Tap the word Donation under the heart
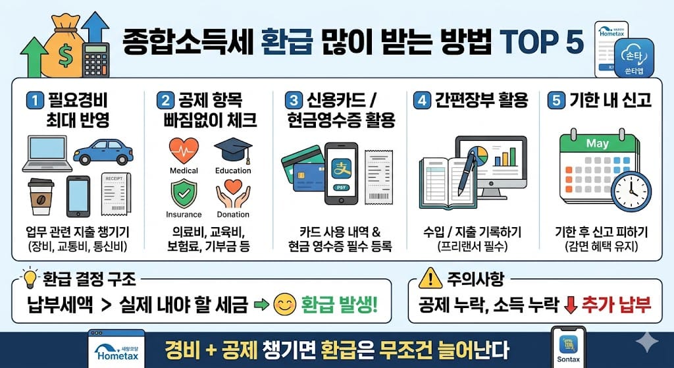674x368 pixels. pyautogui.click(x=233, y=214)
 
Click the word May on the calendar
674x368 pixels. pyautogui.click(x=597, y=143)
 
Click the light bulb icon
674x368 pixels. pyautogui.click(x=29, y=279)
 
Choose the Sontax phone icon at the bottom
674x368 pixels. pyautogui.click(x=567, y=346)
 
